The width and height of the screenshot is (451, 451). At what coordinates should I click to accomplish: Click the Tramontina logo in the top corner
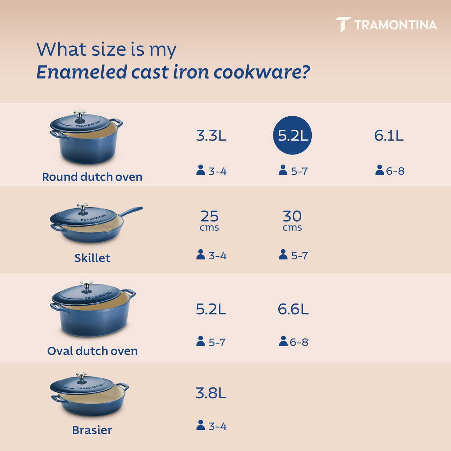[x=386, y=25]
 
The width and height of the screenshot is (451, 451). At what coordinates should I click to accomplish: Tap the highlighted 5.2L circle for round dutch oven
[x=292, y=136]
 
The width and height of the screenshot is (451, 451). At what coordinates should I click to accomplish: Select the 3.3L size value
[x=211, y=136]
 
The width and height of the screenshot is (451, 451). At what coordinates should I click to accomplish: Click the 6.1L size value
[x=389, y=136]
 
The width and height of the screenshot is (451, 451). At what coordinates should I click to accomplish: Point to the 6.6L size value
[x=293, y=309]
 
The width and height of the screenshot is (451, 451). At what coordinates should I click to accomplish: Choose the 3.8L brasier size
[x=211, y=393]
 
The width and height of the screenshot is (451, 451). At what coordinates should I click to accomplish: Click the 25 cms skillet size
[x=210, y=220]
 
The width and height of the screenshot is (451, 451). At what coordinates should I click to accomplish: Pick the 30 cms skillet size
[x=292, y=220]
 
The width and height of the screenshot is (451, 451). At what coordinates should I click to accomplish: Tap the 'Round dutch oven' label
[x=92, y=177]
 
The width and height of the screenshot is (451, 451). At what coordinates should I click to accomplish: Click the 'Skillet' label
[x=92, y=258]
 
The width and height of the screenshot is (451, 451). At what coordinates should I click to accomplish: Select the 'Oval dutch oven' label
[x=92, y=351]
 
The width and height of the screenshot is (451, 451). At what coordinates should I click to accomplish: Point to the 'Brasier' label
[x=92, y=430]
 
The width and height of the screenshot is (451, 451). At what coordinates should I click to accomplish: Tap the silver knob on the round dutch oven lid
[x=80, y=113]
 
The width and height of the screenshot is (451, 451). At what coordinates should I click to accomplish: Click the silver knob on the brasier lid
[x=81, y=376]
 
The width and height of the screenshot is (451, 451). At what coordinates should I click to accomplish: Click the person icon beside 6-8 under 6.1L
[x=379, y=170]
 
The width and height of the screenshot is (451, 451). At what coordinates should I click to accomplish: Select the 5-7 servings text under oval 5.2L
[x=217, y=342]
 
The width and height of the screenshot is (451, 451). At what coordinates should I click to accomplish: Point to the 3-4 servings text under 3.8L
[x=217, y=426]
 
